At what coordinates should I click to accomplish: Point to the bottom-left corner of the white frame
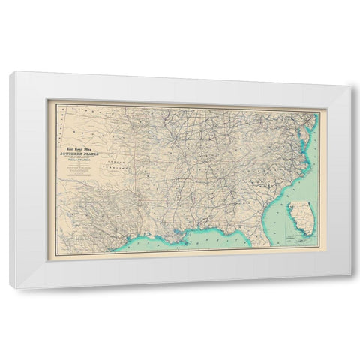(10, 287)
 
